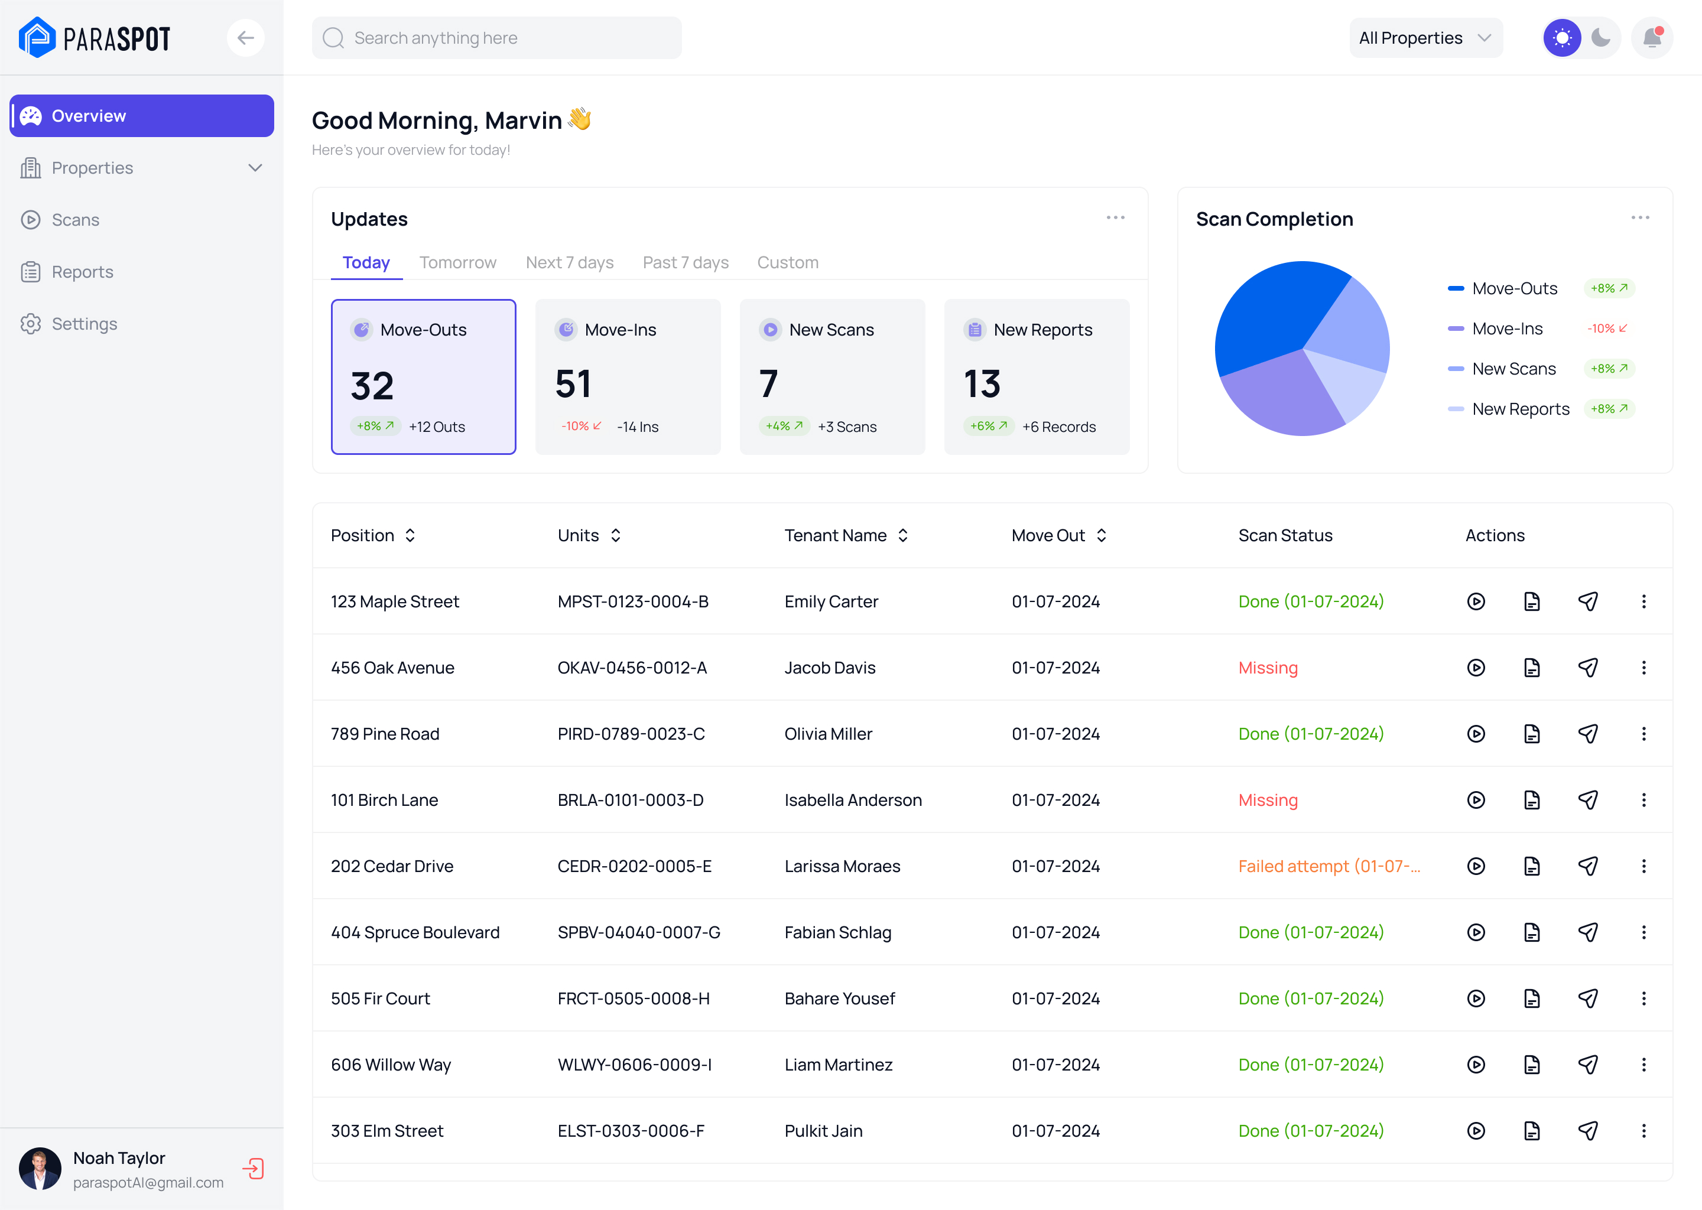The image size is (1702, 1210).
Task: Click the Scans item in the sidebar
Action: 74,220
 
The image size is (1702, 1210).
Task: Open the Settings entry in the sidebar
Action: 83,324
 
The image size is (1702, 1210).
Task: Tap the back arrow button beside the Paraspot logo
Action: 245,38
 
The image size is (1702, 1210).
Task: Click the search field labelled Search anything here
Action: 496,38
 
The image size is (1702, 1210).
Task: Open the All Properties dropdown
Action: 1425,38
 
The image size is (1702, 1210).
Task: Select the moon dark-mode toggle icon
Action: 1601,38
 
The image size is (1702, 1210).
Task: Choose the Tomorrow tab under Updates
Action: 457,262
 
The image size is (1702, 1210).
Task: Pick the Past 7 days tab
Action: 686,262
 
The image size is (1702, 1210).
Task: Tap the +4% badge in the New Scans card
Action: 784,426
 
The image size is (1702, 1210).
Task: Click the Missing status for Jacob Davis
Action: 1268,668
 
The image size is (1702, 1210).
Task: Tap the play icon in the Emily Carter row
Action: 1476,601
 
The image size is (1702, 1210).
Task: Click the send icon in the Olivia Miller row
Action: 1587,734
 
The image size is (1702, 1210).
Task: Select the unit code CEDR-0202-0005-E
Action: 634,866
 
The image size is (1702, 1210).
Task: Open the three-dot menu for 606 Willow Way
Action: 1643,1065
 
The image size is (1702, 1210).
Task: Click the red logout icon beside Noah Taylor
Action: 254,1168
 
